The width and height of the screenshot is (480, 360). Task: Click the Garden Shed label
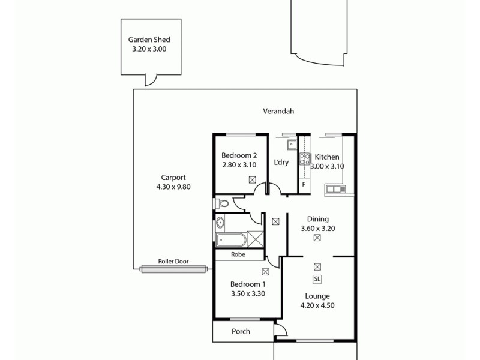[148, 40]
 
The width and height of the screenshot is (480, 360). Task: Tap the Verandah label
[278, 111]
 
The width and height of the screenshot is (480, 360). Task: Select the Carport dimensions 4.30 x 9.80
[173, 187]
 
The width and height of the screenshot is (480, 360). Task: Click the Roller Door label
[173, 262]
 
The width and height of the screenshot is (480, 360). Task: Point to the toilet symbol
[221, 204]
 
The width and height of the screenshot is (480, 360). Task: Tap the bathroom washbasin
[220, 223]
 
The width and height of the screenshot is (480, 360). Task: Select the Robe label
[239, 254]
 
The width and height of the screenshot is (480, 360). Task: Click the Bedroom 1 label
[248, 284]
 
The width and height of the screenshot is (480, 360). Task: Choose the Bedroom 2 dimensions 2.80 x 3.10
[239, 164]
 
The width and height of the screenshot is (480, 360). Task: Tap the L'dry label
[281, 163]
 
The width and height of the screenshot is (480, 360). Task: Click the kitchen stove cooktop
[305, 159]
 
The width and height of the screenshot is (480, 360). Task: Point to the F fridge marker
[304, 184]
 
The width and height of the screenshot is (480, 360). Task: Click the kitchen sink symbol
[335, 190]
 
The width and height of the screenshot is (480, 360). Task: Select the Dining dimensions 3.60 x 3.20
[318, 228]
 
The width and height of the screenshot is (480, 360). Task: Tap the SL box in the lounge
[317, 279]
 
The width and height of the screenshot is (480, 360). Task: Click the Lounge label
[317, 296]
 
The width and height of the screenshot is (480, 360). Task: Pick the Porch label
[241, 332]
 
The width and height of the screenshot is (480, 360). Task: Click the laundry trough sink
[292, 145]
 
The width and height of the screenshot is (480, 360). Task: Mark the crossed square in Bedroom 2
[253, 179]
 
